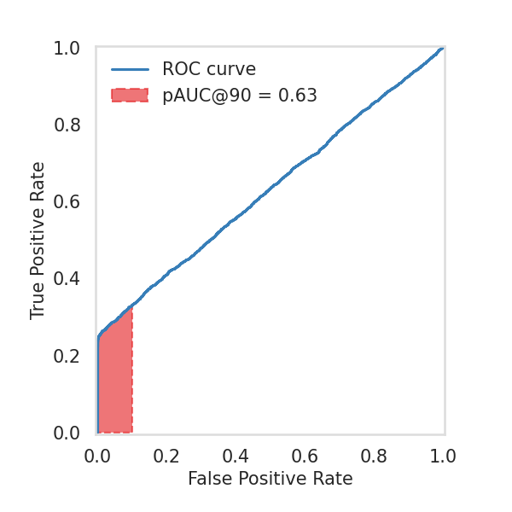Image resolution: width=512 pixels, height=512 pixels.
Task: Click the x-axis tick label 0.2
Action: click(x=166, y=456)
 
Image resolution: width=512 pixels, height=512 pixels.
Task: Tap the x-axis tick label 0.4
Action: click(x=236, y=456)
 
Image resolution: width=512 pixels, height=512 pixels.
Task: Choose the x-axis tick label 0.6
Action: click(x=305, y=456)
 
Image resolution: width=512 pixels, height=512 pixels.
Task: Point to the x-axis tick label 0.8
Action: click(x=374, y=456)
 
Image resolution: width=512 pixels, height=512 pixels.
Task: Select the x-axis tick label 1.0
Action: click(x=443, y=456)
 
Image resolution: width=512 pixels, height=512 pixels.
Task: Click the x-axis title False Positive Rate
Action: click(x=270, y=479)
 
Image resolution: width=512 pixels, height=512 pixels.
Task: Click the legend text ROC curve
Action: click(x=209, y=69)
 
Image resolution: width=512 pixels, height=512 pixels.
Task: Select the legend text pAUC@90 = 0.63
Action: click(x=240, y=96)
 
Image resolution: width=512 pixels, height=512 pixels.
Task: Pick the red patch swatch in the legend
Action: click(x=130, y=96)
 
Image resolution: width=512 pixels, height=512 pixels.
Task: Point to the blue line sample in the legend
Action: click(x=130, y=69)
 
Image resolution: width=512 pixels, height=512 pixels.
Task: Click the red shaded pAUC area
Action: click(x=115, y=375)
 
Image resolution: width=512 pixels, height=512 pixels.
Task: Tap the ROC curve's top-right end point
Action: click(x=442, y=49)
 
